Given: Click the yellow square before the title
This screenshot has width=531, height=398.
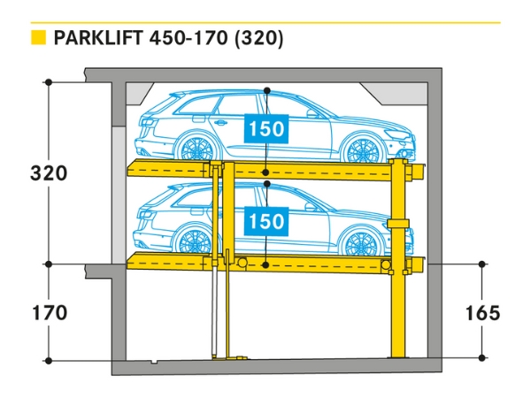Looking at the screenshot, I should pos(38,39).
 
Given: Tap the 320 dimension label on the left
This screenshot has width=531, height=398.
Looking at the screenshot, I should pos(49,172).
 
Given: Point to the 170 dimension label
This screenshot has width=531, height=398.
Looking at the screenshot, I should pos(49,312).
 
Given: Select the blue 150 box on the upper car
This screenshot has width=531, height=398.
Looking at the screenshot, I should pos(266,129).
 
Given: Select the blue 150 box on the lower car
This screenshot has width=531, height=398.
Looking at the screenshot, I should pos(266,219).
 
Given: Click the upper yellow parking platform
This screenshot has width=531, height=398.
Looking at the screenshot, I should pos(274,169).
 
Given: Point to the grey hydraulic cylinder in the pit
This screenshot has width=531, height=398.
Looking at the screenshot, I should pos(213,310).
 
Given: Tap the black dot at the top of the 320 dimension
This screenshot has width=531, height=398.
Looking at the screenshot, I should pos(49,81).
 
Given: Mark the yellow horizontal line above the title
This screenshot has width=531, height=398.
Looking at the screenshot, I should pos(265,22).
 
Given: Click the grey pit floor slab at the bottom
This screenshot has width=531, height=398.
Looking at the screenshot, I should pos(274,367).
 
